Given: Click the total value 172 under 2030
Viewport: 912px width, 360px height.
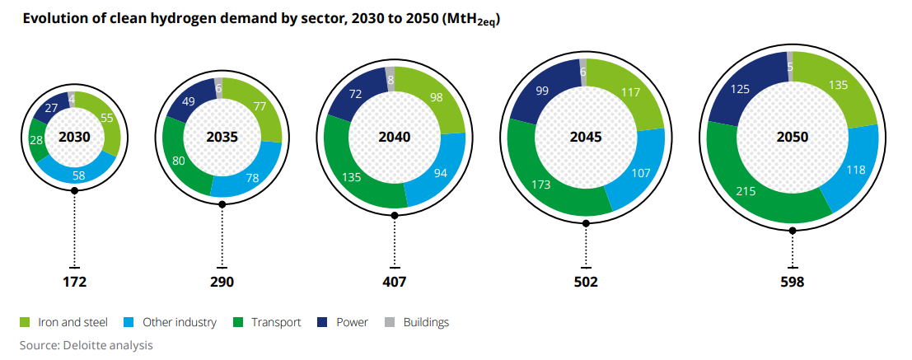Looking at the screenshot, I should point(74,282).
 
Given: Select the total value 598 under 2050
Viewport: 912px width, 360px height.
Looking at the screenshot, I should point(793,282).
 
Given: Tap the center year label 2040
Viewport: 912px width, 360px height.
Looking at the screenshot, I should point(394,137).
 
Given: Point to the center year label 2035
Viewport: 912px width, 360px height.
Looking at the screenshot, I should point(222,137).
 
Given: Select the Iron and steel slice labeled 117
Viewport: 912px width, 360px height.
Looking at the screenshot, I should point(631,93).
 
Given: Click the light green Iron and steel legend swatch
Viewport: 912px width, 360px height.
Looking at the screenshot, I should point(25,323).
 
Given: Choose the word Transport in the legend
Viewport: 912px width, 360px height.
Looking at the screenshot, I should point(278,323).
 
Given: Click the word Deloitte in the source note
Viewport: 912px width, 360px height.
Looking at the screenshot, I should point(85,345).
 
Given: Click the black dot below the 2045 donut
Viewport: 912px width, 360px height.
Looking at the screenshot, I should point(586,222).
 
